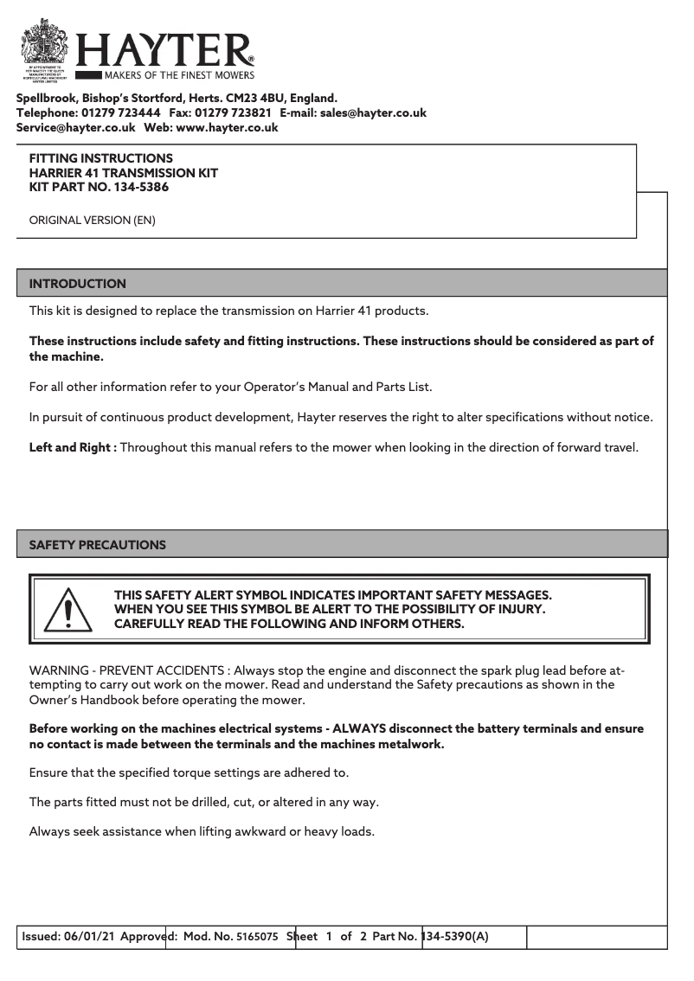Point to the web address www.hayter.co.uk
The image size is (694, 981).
tap(227, 127)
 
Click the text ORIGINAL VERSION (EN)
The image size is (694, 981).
tap(93, 221)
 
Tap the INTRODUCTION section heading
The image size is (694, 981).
tap(78, 284)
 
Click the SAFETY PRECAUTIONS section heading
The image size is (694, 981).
tap(98, 545)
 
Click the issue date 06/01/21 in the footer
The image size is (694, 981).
tap(91, 937)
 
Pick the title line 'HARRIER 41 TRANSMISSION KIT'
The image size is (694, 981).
tap(124, 173)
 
